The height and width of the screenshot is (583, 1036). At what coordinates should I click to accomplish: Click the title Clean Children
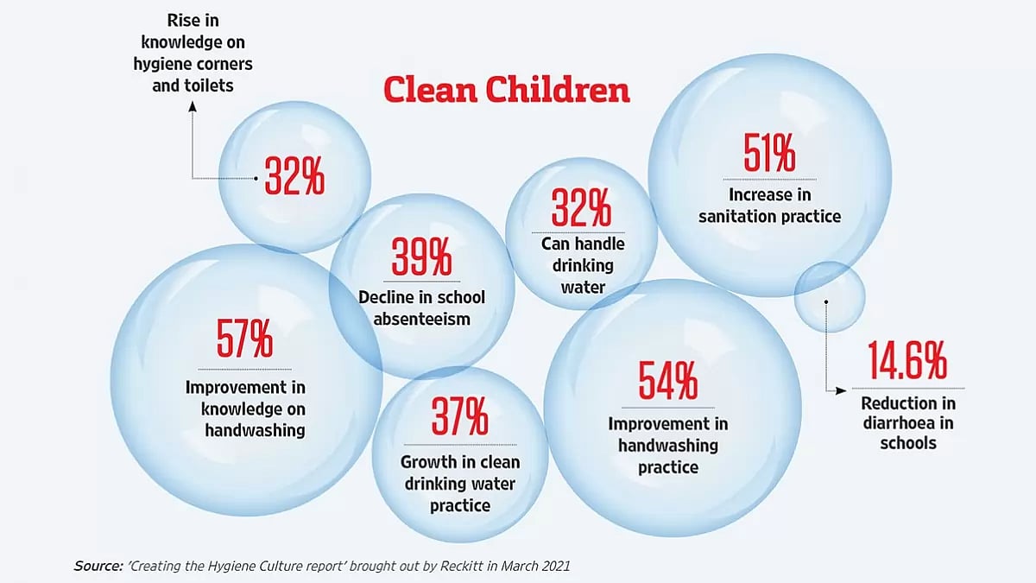point(506,90)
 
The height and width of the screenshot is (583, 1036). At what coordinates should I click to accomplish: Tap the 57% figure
point(245,339)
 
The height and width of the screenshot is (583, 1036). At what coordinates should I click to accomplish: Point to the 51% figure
point(769,154)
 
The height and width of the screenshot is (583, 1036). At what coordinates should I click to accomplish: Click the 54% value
point(667,380)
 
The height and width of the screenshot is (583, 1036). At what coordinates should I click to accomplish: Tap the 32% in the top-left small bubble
point(294,176)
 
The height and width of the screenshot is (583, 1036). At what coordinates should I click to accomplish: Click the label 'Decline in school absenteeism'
point(421,307)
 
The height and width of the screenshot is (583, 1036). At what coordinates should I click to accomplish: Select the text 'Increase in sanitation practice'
point(769,206)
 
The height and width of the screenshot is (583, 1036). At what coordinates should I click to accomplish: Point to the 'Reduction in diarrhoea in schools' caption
point(908,423)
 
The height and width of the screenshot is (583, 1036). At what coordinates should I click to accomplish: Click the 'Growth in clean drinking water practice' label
point(460,484)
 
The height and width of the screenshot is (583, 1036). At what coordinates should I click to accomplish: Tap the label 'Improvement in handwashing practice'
point(667,446)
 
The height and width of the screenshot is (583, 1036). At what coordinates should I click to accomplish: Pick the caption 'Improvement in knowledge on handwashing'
point(245,408)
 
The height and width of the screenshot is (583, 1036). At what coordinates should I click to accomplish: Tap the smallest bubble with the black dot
point(829,297)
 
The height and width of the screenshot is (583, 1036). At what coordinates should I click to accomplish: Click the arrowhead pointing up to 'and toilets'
point(192,106)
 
